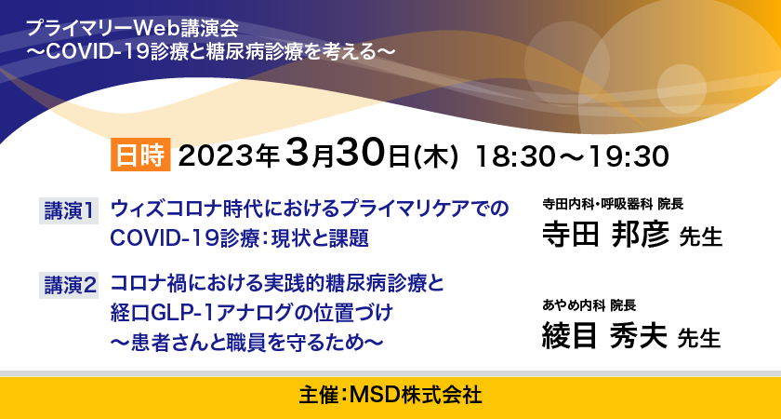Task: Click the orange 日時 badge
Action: click(x=140, y=155)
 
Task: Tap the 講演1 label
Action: click(x=69, y=211)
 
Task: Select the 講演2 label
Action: click(x=69, y=286)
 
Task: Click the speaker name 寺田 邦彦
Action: click(x=605, y=235)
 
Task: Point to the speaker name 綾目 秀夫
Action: click(x=604, y=336)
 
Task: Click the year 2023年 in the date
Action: click(x=228, y=156)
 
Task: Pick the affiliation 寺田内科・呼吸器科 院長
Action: click(x=613, y=204)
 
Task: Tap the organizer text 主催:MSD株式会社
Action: click(x=390, y=396)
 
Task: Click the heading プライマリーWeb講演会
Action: click(x=132, y=29)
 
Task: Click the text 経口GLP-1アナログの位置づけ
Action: click(x=252, y=313)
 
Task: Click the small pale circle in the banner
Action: click(x=682, y=88)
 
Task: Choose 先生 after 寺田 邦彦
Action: click(x=701, y=237)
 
